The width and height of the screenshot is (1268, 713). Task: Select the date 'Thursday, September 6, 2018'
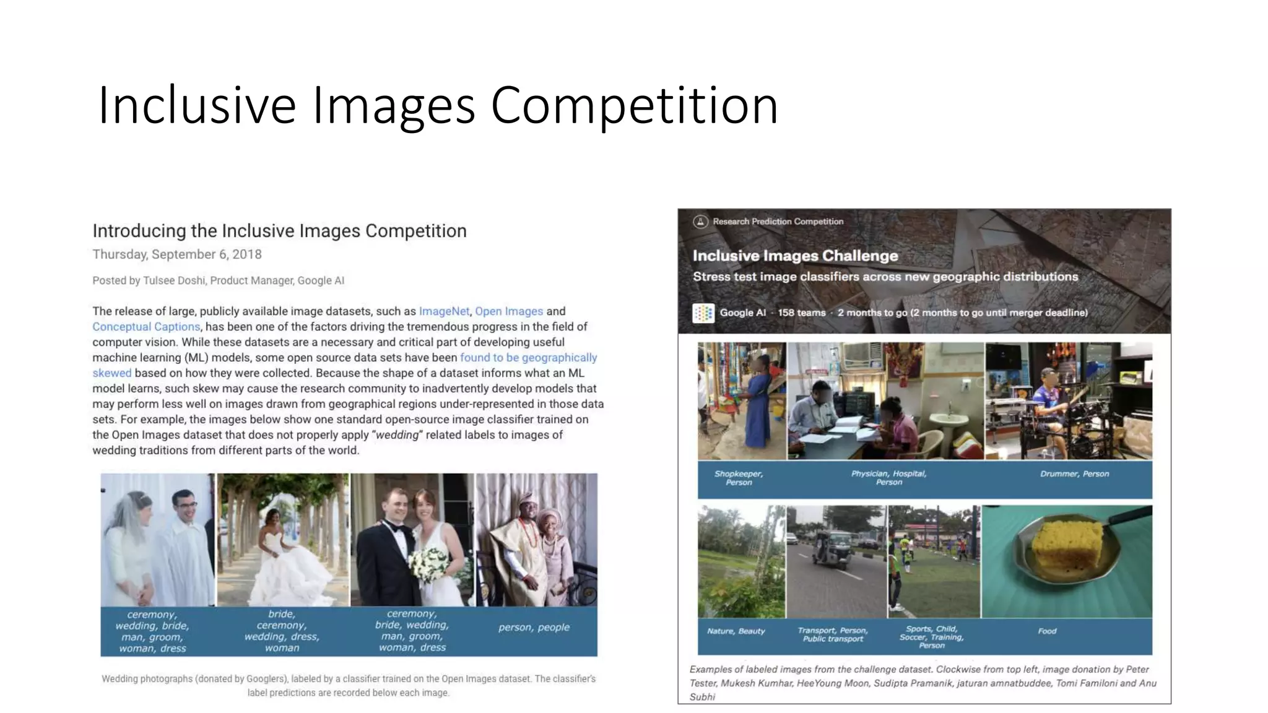177,254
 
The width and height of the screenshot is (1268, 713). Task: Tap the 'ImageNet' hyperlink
444,311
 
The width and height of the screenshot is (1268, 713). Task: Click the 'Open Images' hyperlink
509,311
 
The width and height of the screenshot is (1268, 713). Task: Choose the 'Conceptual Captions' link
146,327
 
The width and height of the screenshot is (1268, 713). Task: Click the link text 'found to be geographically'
528,358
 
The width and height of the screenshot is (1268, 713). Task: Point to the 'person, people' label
534,628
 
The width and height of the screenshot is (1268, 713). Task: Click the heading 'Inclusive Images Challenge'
795,256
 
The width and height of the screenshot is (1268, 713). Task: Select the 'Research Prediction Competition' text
778,222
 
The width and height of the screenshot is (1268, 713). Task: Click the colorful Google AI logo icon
703,313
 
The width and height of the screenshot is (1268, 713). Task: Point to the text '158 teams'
802,313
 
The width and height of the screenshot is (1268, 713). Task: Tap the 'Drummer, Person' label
1074,474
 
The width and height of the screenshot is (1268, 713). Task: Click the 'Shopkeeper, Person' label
739,478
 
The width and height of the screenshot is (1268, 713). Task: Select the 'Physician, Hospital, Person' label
888,478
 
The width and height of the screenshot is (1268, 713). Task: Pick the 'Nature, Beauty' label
736,631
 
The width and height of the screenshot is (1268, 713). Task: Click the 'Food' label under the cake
1047,631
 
